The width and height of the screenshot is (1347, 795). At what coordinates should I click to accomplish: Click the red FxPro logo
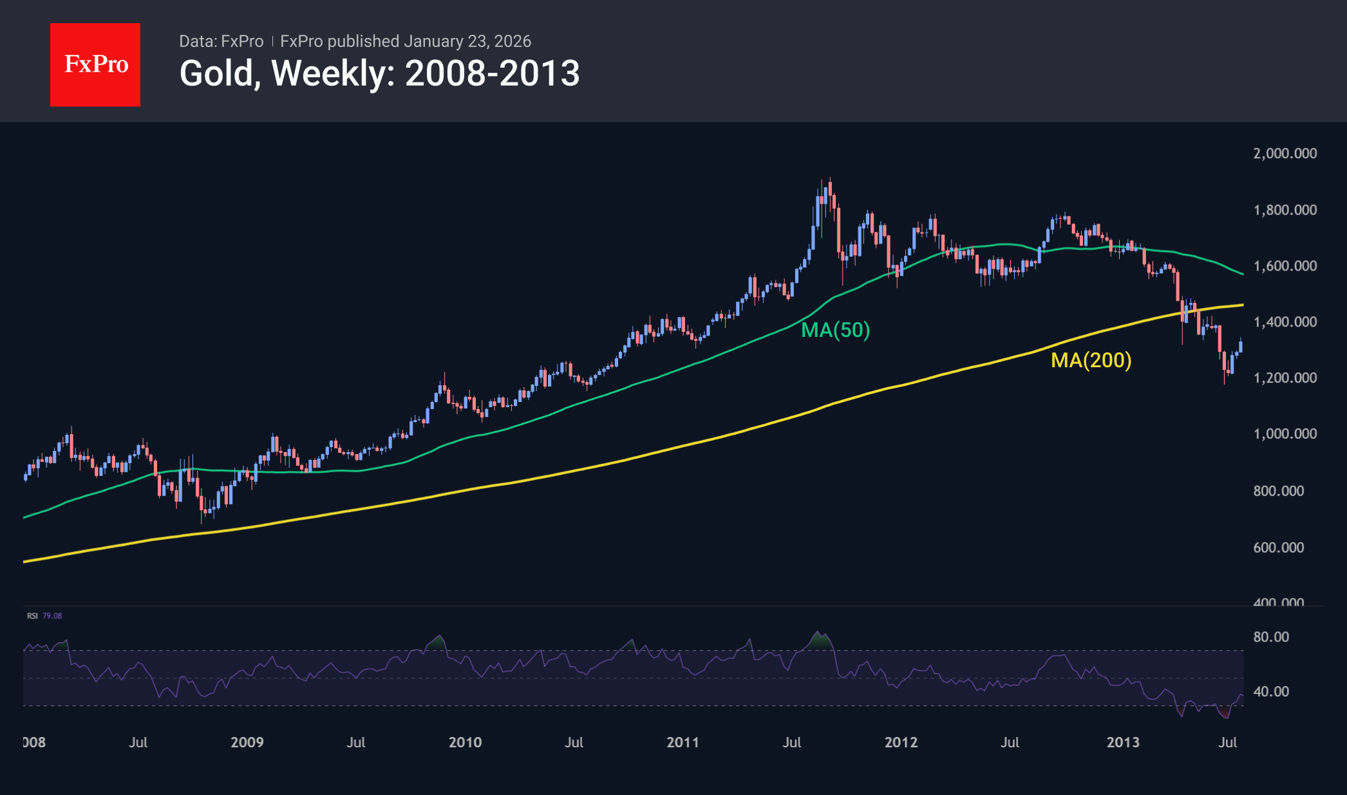95,64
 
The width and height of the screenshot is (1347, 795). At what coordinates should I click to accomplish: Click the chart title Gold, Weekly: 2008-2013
379,73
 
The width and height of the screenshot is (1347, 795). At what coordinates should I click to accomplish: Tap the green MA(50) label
835,330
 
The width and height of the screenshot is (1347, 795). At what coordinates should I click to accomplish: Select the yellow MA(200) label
1091,360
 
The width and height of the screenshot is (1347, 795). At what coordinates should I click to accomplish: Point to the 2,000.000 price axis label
1285,153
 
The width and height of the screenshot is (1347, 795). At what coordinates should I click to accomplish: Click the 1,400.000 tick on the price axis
1285,322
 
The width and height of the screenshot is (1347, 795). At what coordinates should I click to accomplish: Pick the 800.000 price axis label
1278,491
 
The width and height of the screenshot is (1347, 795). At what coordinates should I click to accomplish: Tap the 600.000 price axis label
1278,548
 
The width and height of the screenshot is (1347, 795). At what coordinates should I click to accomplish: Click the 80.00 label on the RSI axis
1271,637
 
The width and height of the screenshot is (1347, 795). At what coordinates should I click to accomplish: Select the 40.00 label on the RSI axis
1271,692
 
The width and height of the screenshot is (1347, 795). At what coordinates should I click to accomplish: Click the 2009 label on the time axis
247,742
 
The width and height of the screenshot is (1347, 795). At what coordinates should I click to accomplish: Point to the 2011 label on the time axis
683,742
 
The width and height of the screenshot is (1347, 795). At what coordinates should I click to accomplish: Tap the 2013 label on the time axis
1123,742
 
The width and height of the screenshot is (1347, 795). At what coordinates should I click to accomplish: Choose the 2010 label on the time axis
465,742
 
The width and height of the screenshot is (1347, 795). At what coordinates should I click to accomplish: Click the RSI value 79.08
52,616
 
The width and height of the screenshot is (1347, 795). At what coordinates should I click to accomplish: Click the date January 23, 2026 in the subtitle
467,41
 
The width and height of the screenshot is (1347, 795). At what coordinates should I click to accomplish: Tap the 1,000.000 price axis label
1285,434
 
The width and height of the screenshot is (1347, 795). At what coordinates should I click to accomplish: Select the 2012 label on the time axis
901,742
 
